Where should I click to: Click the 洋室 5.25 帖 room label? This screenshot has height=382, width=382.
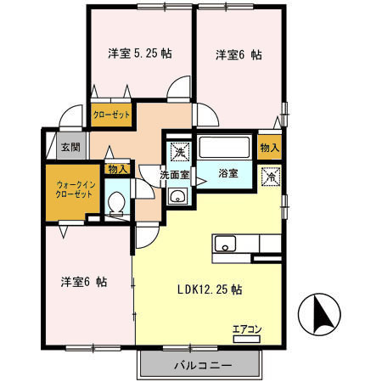(140, 53)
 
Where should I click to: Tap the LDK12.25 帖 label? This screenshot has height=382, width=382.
(210, 289)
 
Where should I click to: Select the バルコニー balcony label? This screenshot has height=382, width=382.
(203, 365)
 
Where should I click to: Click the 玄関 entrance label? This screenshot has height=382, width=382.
(70, 147)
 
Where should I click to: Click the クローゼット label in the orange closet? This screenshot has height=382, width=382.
(111, 115)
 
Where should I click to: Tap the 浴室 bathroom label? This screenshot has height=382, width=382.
(228, 173)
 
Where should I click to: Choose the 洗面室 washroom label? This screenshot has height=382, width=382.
(175, 175)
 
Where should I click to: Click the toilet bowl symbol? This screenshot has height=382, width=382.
(117, 203)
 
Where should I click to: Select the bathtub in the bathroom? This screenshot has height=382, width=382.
(225, 148)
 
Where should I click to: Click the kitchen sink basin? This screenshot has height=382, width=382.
(225, 244)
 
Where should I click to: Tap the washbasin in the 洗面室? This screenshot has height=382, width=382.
(177, 195)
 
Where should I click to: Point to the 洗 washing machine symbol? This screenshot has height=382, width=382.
(180, 152)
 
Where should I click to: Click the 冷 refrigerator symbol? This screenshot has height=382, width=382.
(271, 177)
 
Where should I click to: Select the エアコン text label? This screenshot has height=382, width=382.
(247, 329)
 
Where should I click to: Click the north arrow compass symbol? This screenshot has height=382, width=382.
(319, 314)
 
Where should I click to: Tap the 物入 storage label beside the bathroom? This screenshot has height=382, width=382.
(270, 147)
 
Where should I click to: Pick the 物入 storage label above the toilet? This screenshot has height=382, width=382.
(117, 169)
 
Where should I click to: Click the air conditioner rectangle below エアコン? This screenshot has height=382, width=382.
(246, 339)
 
